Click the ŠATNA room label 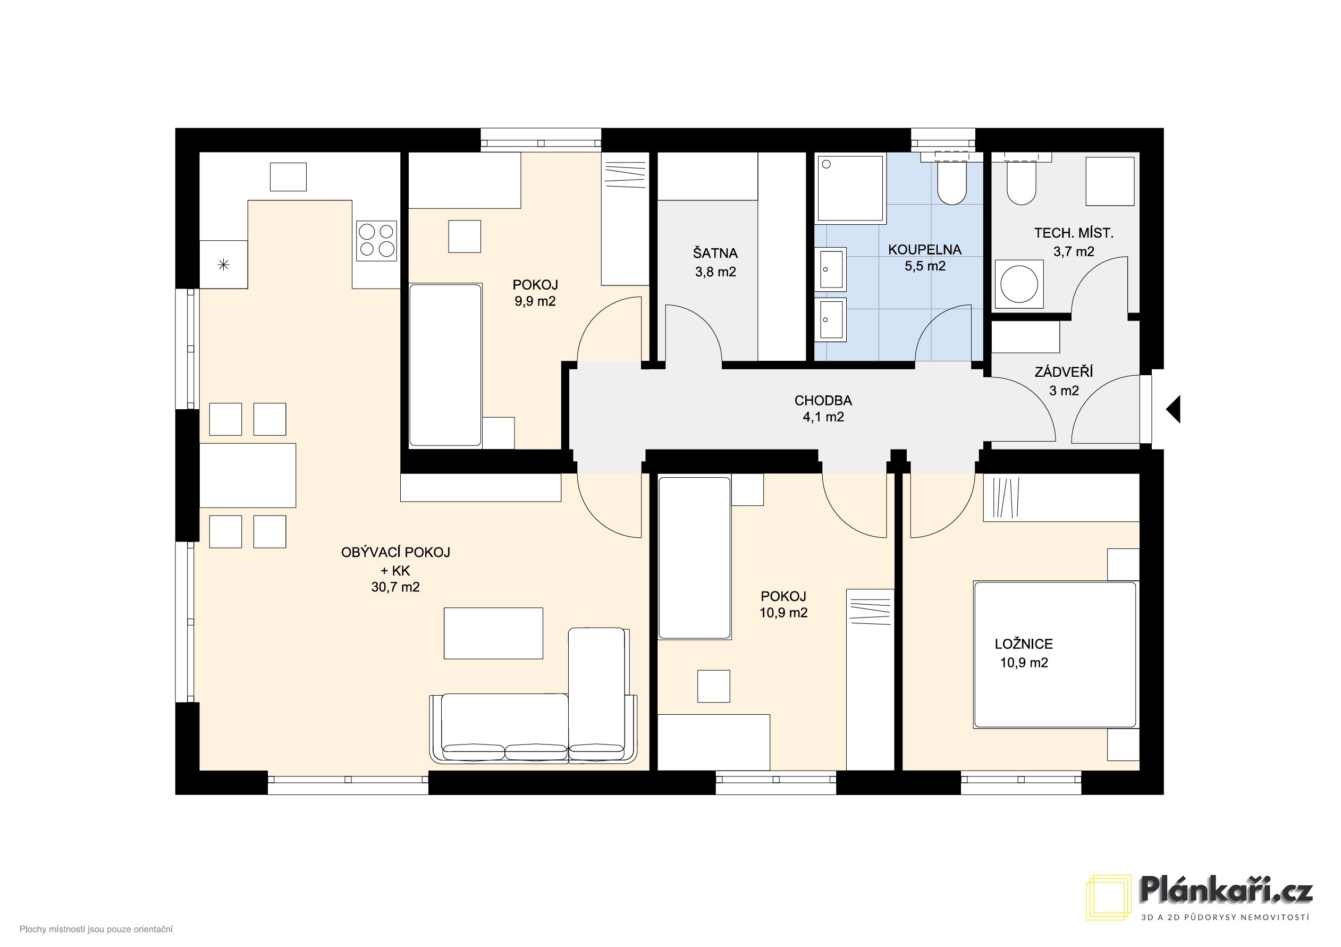[715, 253]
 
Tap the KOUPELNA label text [925, 250]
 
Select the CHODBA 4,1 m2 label [823, 409]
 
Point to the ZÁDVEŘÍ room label [1064, 372]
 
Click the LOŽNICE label [1024, 644]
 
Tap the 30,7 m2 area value [395, 587]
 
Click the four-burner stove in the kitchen [377, 241]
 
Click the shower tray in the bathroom [850, 189]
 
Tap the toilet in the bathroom [952, 177]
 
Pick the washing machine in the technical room [1019, 284]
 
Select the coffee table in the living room [494, 633]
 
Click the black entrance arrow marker [1174, 409]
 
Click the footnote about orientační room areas [96, 929]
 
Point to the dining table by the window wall [248, 475]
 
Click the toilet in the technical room [1022, 177]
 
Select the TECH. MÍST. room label [1074, 233]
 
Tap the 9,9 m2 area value [535, 302]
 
